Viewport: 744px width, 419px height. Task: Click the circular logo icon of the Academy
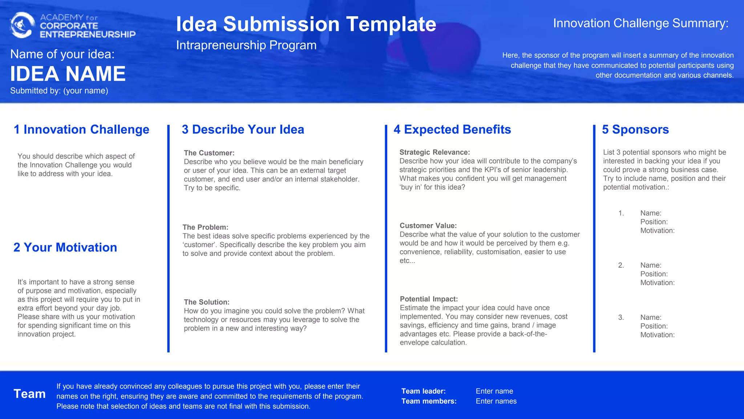[x=22, y=25]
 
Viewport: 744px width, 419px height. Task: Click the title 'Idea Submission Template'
[x=306, y=24]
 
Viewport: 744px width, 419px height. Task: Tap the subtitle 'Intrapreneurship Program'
[x=246, y=45]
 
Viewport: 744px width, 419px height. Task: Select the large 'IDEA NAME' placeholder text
[x=68, y=74]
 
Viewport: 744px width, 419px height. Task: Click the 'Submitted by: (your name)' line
[x=59, y=91]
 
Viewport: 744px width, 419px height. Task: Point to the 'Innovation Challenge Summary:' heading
[x=640, y=23]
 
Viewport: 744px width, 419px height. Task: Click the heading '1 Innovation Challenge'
[x=81, y=129]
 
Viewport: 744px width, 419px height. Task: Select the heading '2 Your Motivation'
[x=65, y=247]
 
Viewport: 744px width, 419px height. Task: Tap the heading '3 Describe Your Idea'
[x=243, y=129]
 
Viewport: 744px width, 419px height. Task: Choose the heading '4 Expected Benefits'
[x=452, y=129]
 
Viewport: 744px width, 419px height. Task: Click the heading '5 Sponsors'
[x=635, y=129]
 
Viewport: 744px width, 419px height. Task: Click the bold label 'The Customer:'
[x=209, y=153]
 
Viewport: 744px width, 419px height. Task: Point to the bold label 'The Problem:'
[x=206, y=227]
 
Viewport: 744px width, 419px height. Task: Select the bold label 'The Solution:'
[x=207, y=302]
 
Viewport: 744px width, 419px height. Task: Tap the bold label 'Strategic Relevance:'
[x=434, y=152]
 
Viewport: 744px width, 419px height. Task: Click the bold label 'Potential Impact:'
[x=429, y=299]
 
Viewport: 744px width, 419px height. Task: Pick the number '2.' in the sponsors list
[x=621, y=265]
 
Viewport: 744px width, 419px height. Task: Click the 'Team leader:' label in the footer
[x=424, y=391]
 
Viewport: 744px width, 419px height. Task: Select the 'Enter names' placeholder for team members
[x=496, y=401]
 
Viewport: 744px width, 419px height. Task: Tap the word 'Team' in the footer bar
[x=30, y=394]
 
